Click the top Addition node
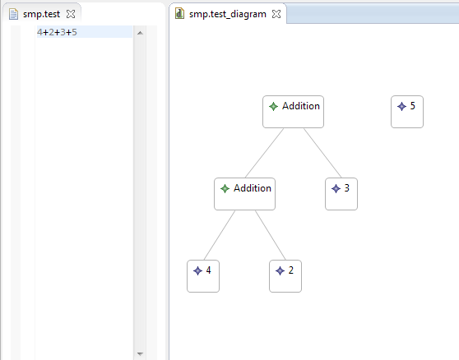pos(293,112)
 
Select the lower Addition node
pos(244,194)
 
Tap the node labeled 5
pos(407,112)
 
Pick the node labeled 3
pos(341,194)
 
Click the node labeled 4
pos(203,276)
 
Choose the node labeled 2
pos(285,276)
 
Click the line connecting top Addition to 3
pos(322,153)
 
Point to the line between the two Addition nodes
pos(264,153)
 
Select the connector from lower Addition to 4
pos(220,235)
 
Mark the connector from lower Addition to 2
pos(270,235)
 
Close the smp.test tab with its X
pos(71,14)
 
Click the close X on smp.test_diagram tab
pos(276,14)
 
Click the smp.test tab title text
pos(41,14)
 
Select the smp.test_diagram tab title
pos(228,14)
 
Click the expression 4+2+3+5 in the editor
pos(57,32)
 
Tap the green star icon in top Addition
pos(273,107)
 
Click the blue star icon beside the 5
pos(401,107)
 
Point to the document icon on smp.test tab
pos(13,14)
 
